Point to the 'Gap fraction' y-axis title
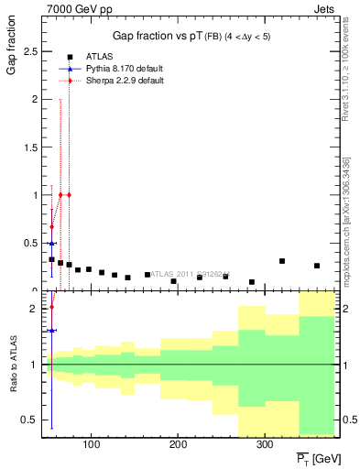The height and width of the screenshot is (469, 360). [x=11, y=55]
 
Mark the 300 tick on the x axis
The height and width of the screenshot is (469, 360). [x=264, y=446]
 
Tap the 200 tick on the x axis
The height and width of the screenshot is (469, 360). [x=177, y=446]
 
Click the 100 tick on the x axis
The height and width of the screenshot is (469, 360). [x=91, y=446]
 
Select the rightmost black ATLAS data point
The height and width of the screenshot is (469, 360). [x=317, y=266]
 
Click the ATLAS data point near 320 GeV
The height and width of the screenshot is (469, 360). [x=282, y=261]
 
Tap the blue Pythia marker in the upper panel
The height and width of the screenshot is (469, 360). [x=52, y=243]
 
